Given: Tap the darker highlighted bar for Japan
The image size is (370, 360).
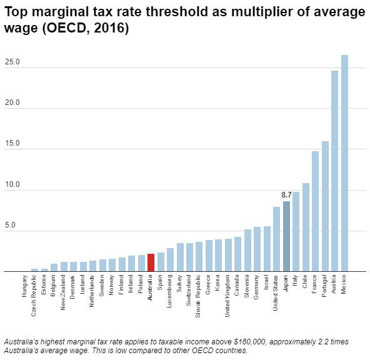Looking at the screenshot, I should [286, 236].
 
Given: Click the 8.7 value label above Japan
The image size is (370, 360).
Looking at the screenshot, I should [286, 195].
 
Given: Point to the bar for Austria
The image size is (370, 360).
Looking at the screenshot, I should [334, 171].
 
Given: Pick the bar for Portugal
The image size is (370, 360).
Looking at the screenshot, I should [325, 207].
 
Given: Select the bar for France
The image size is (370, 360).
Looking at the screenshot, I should [315, 212].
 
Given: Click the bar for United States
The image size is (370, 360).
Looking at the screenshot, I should [276, 239].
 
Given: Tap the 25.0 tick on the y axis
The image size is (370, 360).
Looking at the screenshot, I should [12, 62].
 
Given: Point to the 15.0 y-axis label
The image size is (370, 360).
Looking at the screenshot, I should [12, 144].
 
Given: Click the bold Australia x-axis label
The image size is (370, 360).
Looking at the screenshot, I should [151, 289].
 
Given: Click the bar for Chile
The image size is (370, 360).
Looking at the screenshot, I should [306, 227].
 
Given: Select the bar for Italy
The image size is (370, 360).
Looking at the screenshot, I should [296, 232].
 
